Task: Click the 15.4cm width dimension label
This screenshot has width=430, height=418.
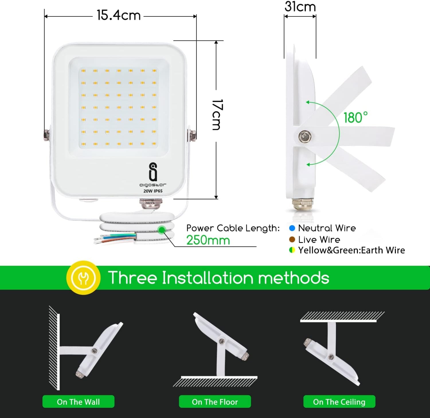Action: tap(119, 15)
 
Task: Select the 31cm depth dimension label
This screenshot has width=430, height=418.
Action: tap(300, 7)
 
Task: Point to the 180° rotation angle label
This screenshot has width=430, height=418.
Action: tap(355, 117)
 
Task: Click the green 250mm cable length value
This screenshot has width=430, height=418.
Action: tap(208, 240)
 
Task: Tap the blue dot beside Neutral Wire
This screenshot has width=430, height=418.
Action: tap(292, 228)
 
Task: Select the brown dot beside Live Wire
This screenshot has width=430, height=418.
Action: tap(292, 239)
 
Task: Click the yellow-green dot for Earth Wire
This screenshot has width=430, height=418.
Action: tap(292, 250)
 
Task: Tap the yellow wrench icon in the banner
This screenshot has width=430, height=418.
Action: tap(83, 278)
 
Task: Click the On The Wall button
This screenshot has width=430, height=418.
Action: tap(78, 402)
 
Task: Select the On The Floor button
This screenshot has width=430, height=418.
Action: tap(215, 402)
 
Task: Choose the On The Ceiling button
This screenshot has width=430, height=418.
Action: tap(339, 402)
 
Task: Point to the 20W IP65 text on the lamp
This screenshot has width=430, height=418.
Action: tap(153, 191)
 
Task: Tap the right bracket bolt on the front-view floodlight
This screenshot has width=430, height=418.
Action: tap(192, 135)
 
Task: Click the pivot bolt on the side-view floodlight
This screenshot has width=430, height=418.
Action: tap(305, 136)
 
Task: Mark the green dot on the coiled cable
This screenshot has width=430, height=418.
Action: tap(162, 230)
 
